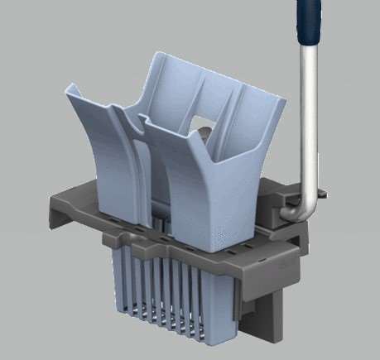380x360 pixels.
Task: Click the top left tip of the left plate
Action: point(70,84)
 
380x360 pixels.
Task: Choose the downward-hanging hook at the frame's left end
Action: point(51,219)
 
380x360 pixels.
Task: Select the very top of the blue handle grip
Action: point(308,2)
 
